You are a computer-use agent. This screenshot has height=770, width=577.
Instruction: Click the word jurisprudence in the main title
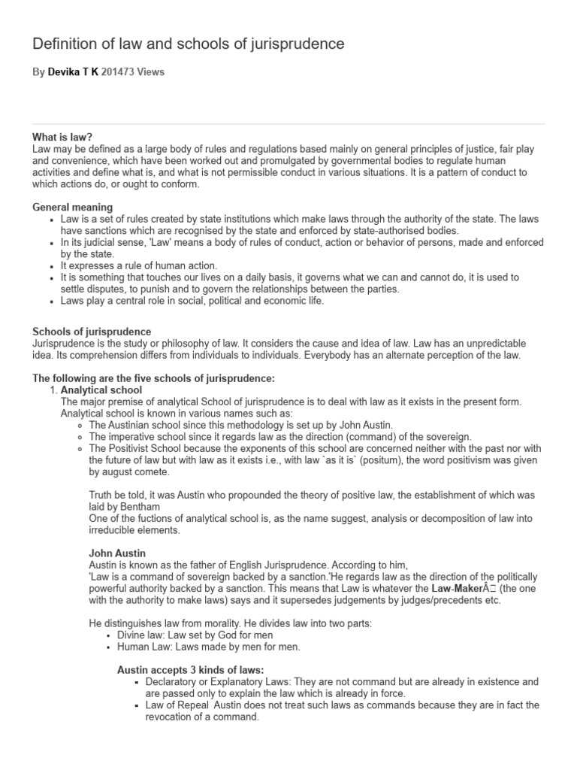coord(301,44)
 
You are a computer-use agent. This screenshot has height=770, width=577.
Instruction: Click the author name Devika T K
coord(74,72)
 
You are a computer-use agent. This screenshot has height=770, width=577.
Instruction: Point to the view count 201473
coord(118,72)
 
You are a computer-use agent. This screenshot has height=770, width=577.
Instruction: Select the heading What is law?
coord(62,137)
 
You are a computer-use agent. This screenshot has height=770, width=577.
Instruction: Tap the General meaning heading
coord(73,207)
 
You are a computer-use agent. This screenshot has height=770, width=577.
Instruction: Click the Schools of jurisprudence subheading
coord(92,332)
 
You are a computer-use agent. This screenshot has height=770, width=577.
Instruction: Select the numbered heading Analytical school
coord(101,390)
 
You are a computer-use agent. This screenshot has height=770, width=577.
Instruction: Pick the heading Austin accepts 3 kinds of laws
coord(191,669)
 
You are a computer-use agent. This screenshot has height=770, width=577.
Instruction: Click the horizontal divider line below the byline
coord(288,124)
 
